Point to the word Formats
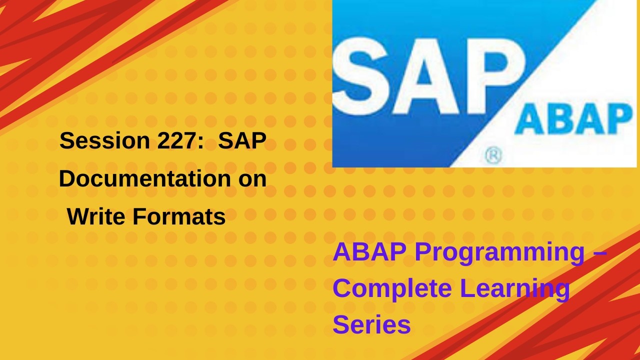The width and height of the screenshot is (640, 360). pyautogui.click(x=179, y=217)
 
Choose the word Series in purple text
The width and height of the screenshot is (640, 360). pyautogui.click(x=371, y=324)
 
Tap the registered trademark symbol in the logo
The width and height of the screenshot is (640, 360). pyautogui.click(x=493, y=156)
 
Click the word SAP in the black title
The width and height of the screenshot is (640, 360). pyautogui.click(x=242, y=141)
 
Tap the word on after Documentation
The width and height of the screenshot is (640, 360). pyautogui.click(x=252, y=179)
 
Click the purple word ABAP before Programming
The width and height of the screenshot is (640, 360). pyautogui.click(x=369, y=252)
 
